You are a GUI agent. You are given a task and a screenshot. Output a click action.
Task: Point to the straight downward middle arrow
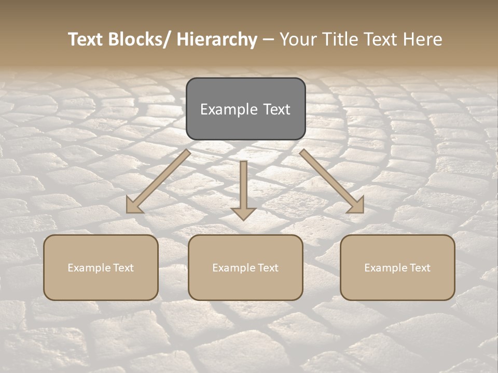pos(244,187)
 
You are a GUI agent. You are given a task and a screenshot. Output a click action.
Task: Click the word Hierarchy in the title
pos(217,40)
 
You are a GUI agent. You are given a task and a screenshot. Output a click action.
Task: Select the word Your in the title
pos(299,40)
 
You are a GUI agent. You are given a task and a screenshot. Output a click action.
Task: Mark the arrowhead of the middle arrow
pos(244,213)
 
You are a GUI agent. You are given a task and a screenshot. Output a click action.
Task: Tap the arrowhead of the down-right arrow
pos(357,206)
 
